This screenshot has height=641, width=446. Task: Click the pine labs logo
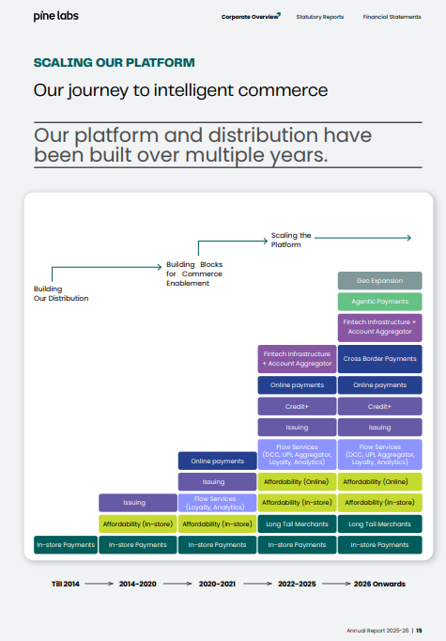click(x=56, y=16)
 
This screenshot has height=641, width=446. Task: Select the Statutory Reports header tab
click(x=320, y=17)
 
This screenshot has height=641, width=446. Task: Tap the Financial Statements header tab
click(x=392, y=17)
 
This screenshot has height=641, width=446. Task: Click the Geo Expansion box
click(x=380, y=281)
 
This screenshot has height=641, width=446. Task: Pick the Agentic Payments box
click(x=380, y=302)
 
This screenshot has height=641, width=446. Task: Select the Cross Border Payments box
click(x=380, y=359)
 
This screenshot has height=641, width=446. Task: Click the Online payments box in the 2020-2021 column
click(x=217, y=461)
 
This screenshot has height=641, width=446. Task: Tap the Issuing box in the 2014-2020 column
click(x=138, y=503)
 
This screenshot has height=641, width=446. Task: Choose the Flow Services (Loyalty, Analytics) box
click(x=217, y=503)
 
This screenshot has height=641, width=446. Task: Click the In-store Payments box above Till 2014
click(x=66, y=545)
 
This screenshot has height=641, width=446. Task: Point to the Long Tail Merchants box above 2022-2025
click(x=297, y=524)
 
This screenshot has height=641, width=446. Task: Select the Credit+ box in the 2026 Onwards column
click(x=380, y=407)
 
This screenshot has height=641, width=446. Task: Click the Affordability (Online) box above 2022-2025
click(x=297, y=482)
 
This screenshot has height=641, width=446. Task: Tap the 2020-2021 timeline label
click(x=217, y=584)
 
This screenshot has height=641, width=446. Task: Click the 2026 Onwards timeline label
click(x=379, y=584)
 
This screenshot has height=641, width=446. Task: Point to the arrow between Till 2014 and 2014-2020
click(x=99, y=584)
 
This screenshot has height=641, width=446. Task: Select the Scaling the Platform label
click(x=291, y=240)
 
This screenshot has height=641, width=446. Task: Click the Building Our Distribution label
click(x=61, y=293)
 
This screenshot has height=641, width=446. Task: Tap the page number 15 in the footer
click(x=419, y=631)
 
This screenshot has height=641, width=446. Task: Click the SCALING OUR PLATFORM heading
click(x=114, y=63)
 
